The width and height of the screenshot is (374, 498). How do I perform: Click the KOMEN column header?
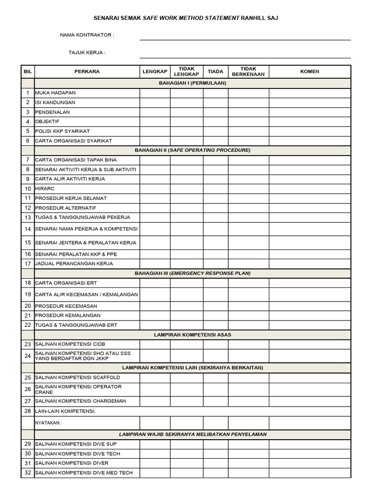coord(310,71)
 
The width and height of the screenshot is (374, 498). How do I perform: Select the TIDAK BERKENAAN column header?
coord(248,71)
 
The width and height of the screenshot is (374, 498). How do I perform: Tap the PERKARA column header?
coord(87,71)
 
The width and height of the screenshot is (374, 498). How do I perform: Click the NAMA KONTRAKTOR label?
coord(87,35)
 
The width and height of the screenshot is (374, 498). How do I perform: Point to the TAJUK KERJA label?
coord(87,53)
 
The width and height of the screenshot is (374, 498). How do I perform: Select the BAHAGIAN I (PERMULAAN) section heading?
coord(192,83)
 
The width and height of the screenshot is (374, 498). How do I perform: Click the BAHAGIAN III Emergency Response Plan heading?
coord(192,273)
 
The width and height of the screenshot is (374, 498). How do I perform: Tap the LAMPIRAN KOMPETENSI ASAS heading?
coord(192,335)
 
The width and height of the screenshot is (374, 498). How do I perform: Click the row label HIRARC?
coord(45,189)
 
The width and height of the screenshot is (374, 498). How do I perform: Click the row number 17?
coord(28,264)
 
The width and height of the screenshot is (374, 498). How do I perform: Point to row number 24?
coord(28,356)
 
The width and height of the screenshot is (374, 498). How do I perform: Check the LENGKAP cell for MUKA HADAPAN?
coord(155,93)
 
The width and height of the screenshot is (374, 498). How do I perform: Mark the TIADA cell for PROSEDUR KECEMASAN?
coord(215,306)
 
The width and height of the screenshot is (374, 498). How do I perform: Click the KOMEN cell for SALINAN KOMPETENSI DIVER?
coord(310,463)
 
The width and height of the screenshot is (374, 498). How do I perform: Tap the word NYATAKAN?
coord(48,423)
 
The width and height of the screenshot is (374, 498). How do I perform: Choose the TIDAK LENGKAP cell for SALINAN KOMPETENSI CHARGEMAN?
coord(187,401)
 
